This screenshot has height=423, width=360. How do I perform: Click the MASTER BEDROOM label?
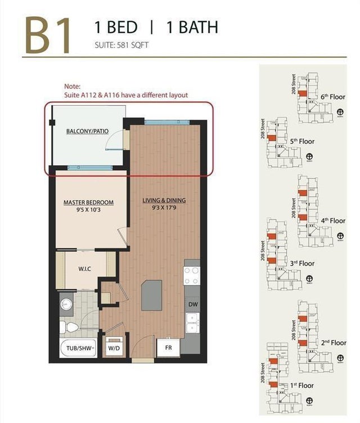coord(88,202)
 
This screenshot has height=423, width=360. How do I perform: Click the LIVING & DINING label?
coord(164,200)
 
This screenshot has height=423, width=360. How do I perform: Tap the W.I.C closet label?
coord(84,269)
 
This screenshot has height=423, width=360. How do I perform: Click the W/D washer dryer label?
coord(114,348)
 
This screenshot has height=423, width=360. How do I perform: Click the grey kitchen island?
coord(151,295)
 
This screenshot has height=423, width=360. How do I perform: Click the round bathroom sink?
coord(65,305)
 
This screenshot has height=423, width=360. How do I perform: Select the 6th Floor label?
coord(332,97)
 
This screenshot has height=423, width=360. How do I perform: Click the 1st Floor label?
coord(303,385)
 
